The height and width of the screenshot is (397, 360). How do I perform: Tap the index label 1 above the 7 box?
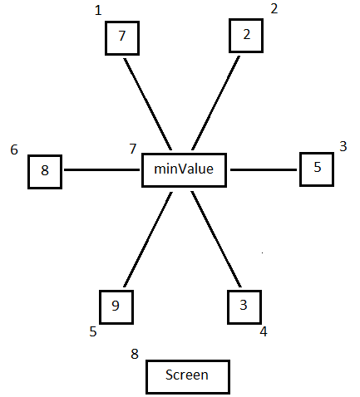point(98,11)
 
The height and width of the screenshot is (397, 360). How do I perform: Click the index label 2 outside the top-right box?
point(274,9)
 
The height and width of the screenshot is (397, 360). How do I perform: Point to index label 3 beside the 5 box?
point(343,146)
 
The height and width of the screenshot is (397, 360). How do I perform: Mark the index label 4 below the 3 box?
point(264,331)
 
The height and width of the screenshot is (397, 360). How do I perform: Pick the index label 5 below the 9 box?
point(93,331)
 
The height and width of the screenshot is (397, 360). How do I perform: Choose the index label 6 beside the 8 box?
point(14,149)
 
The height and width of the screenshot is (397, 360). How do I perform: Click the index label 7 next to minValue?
point(133,149)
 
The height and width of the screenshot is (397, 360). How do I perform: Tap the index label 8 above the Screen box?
point(135,354)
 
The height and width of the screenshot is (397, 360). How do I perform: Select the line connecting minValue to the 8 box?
point(101,169)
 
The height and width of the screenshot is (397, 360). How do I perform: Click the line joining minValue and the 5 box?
point(264,169)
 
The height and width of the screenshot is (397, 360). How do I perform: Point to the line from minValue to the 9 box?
point(148,239)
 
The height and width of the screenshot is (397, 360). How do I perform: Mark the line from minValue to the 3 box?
point(216,239)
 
